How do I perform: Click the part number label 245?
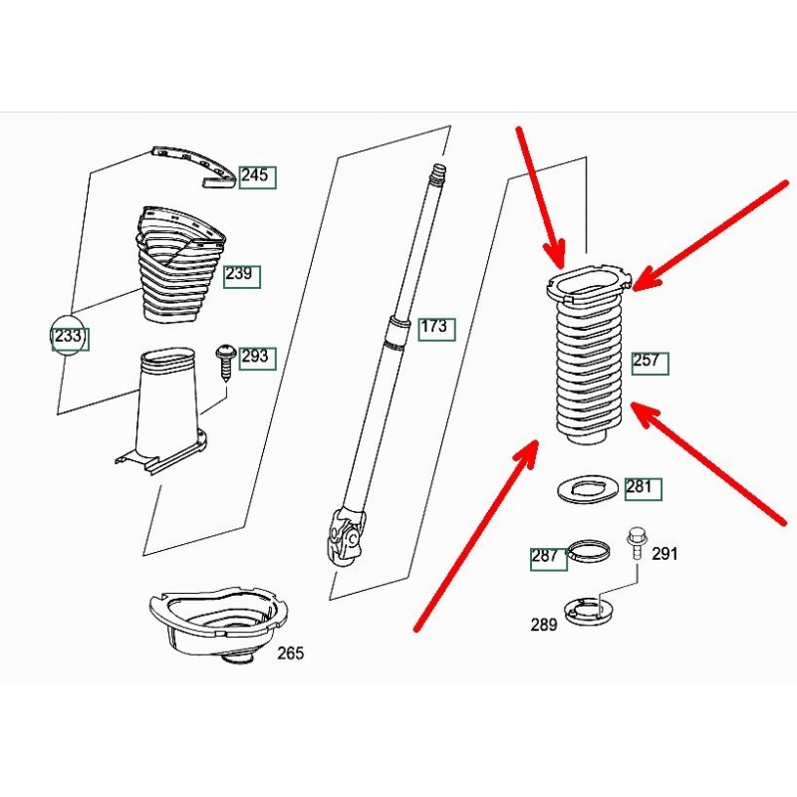tap(255, 175)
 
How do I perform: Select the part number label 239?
tap(239, 274)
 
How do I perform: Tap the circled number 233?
tap(68, 336)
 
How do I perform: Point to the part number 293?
tap(255, 356)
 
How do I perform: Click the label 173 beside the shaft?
tap(433, 327)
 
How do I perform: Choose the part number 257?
tap(646, 361)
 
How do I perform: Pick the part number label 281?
tap(639, 487)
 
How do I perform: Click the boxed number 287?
tap(545, 556)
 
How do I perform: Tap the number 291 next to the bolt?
tap(664, 554)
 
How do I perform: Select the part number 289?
tap(544, 625)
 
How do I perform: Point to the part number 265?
tap(290, 654)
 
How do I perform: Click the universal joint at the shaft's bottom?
tap(347, 537)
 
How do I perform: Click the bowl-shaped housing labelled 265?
tap(219, 625)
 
